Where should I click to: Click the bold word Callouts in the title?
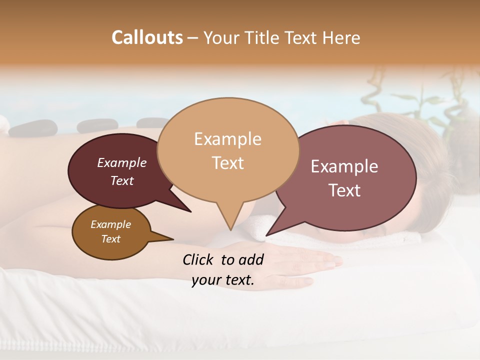coord(147,37)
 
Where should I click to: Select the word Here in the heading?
coord(341,37)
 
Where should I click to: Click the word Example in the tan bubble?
coord(227,138)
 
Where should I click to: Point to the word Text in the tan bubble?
coord(227,162)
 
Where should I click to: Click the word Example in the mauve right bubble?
coord(344,166)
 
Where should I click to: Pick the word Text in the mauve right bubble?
coord(344,190)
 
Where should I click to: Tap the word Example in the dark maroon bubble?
coord(122,162)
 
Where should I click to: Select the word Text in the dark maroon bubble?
coord(122,180)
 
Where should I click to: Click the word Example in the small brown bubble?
coord(110,224)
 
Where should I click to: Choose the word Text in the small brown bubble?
coord(110,239)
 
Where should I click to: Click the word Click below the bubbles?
coord(199,259)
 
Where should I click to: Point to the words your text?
coord(223,280)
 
